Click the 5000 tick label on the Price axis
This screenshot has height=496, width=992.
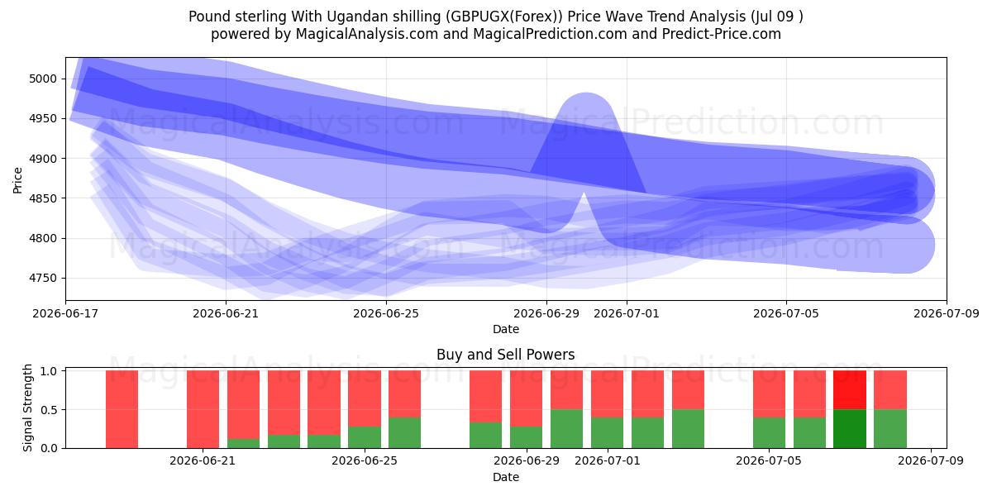[43, 79]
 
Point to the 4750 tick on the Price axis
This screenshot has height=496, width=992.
[43, 278]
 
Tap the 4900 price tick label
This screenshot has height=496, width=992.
[43, 159]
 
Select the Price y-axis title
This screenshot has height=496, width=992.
[17, 180]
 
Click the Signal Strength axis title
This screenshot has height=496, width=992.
[27, 408]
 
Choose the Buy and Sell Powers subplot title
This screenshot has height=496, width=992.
[506, 355]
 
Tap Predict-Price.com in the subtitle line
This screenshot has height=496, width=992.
[722, 34]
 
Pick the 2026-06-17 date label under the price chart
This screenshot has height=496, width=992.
[65, 313]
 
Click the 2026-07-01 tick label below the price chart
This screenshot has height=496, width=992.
[627, 313]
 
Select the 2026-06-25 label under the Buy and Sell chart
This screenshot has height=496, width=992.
[365, 461]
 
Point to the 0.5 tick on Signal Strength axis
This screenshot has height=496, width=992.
[49, 410]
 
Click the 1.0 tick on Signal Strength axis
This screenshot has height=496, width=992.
[49, 371]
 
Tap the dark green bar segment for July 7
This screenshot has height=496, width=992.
[850, 429]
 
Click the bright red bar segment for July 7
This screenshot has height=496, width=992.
[850, 390]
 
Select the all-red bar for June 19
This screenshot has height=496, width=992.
[122, 409]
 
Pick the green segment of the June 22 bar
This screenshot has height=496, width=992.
[243, 443]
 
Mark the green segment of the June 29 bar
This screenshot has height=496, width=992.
[526, 437]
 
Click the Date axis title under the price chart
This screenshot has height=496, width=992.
[506, 329]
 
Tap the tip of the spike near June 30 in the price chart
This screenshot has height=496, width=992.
[584, 193]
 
